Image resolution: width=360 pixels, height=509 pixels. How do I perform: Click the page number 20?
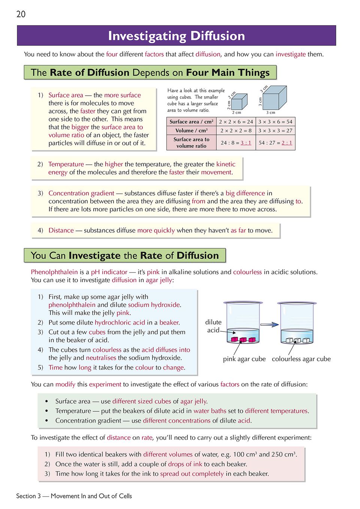(x=21, y=14)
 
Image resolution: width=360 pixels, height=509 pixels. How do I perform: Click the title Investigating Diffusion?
(x=176, y=36)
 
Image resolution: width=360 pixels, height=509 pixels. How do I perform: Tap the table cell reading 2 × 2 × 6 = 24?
(x=236, y=122)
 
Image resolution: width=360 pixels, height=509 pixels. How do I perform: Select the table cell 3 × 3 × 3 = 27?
(x=275, y=131)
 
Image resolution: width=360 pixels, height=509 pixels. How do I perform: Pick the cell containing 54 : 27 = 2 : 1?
(x=275, y=143)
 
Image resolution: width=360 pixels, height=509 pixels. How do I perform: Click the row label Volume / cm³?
(x=191, y=131)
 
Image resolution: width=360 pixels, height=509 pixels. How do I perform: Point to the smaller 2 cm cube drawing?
(x=239, y=101)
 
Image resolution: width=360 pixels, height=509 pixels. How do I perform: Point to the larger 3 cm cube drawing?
(x=275, y=98)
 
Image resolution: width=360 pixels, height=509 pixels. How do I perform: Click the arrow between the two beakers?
(x=269, y=324)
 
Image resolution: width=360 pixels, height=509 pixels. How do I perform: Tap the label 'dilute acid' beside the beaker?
(x=213, y=326)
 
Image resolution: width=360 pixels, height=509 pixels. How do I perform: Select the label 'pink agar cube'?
(x=244, y=359)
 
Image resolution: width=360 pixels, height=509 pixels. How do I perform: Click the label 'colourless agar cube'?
(x=301, y=359)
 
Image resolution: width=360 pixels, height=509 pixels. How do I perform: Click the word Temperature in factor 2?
(x=66, y=164)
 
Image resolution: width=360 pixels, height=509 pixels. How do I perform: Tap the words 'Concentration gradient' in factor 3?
(x=81, y=193)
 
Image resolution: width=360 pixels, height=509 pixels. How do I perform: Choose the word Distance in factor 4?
(x=61, y=231)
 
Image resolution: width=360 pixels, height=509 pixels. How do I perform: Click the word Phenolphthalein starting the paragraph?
(x=54, y=272)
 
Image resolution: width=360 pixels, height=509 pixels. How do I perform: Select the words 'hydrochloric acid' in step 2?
(x=120, y=323)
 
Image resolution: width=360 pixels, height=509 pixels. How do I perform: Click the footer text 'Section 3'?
(x=28, y=496)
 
